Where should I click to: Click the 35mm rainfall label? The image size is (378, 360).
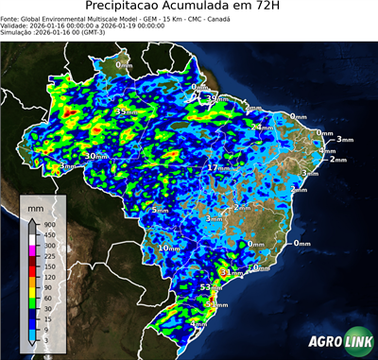123,111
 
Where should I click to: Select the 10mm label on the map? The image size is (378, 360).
170,248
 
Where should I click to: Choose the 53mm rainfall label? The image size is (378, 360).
211,286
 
